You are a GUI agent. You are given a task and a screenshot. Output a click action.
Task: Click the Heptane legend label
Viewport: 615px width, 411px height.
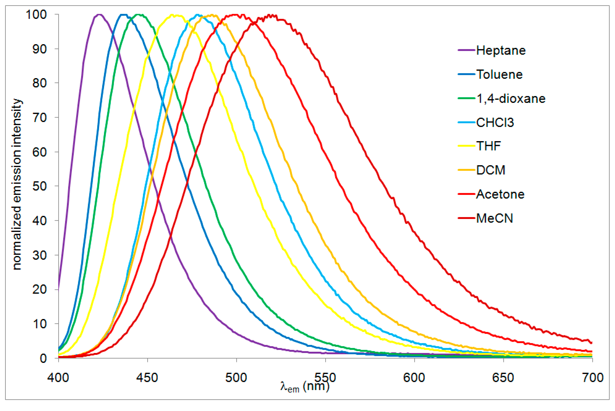pyautogui.click(x=501, y=50)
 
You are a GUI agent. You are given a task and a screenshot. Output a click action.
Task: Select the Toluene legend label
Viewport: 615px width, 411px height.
pyautogui.click(x=499, y=75)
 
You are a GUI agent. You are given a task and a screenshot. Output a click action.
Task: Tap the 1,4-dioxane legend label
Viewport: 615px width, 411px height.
pyautogui.click(x=511, y=99)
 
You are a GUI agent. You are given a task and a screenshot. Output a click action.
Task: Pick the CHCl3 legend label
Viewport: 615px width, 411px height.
pyautogui.click(x=495, y=123)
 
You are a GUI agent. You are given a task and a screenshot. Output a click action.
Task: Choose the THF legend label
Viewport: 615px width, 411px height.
pyautogui.click(x=488, y=146)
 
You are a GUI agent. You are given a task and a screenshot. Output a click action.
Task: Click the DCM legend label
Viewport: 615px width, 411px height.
pyautogui.click(x=491, y=170)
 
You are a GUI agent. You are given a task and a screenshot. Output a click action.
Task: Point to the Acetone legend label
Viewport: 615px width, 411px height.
pyautogui.click(x=500, y=194)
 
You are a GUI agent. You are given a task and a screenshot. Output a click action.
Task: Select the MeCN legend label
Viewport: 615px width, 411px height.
pyautogui.click(x=494, y=218)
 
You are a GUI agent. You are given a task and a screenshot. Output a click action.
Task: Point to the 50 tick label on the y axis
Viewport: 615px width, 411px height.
pyautogui.click(x=40, y=186)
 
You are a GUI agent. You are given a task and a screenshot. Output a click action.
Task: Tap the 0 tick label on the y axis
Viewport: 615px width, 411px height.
pyautogui.click(x=43, y=358)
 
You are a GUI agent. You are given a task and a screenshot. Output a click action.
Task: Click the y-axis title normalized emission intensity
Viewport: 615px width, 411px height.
pyautogui.click(x=17, y=184)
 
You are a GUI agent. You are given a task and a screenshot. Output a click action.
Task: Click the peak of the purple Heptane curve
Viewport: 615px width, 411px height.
pyautogui.click(x=99, y=15)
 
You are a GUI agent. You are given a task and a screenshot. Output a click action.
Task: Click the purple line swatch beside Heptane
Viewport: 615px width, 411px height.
pyautogui.click(x=467, y=50)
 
